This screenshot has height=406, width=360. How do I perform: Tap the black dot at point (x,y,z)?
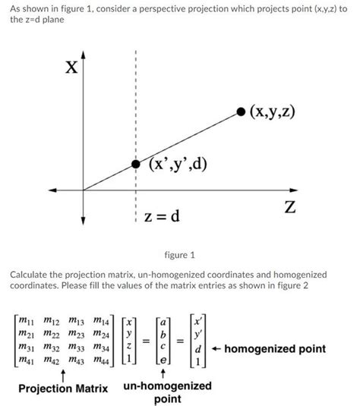[242, 112]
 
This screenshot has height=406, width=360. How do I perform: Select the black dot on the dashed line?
[135, 164]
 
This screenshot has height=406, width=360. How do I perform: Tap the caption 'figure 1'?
[180, 254]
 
